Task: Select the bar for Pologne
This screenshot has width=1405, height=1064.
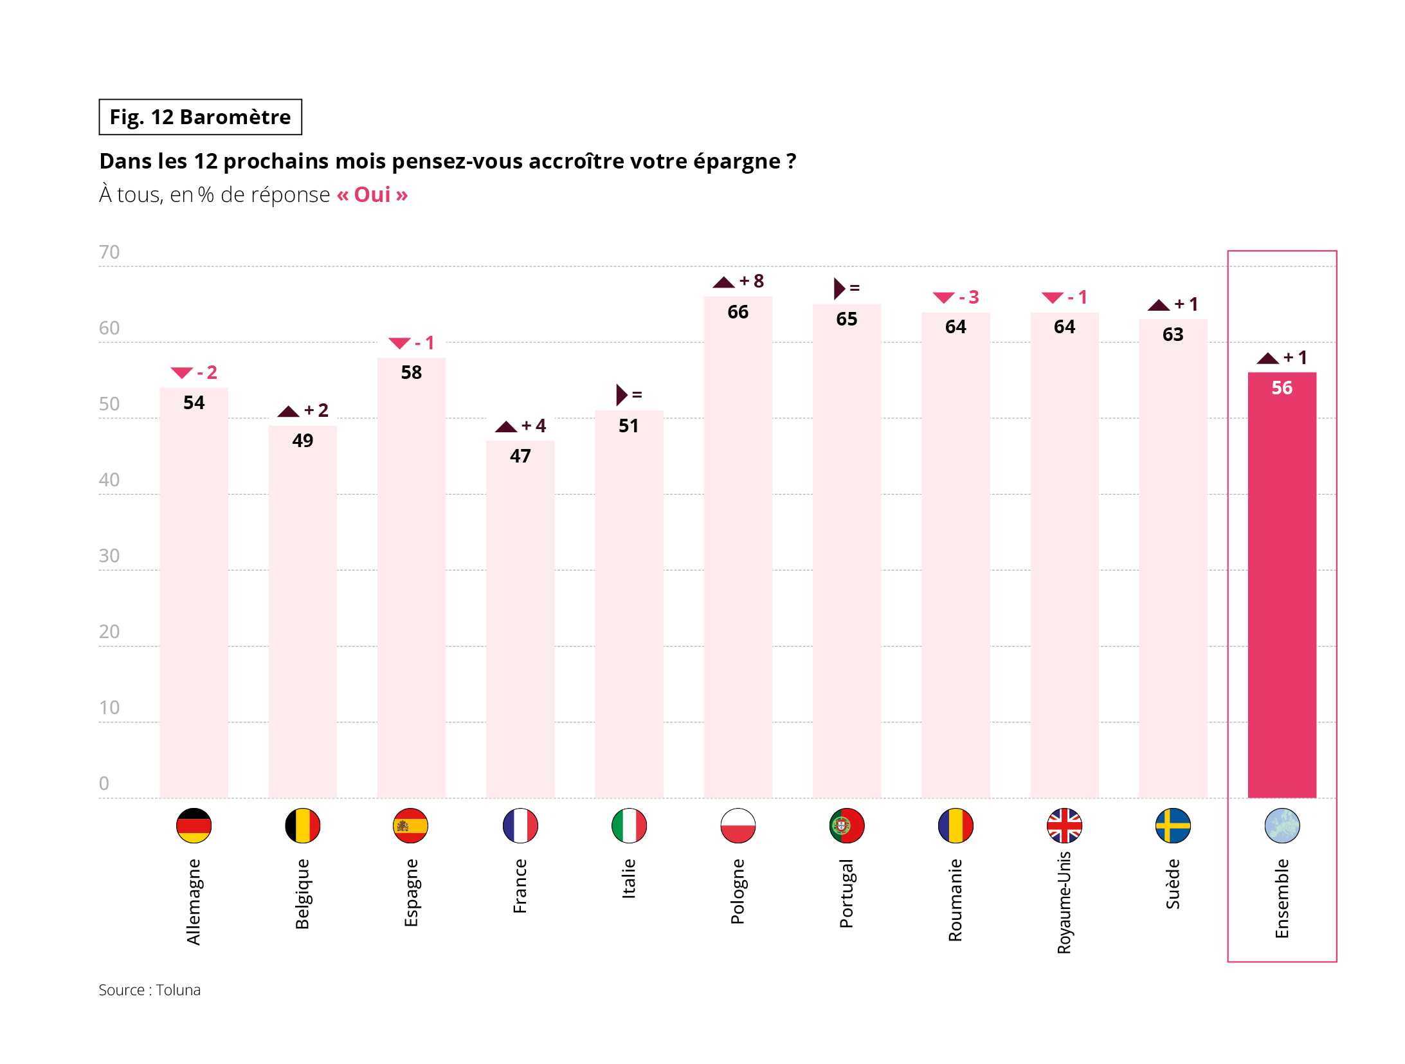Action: click(738, 547)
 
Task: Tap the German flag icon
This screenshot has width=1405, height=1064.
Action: click(194, 825)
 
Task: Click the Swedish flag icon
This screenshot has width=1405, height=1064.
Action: click(1172, 825)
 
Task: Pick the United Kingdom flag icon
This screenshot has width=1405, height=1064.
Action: click(1064, 825)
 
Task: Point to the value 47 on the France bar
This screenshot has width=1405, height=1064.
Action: click(520, 456)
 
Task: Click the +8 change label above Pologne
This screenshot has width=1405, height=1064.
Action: click(751, 281)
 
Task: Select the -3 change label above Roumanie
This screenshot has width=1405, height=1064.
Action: click(968, 297)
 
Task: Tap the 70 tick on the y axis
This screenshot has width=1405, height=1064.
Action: click(109, 252)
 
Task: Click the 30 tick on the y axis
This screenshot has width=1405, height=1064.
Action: click(109, 556)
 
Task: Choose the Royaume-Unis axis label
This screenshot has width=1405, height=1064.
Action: click(1064, 902)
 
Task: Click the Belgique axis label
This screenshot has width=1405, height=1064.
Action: click(302, 894)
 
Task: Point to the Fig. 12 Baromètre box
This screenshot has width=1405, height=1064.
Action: click(200, 117)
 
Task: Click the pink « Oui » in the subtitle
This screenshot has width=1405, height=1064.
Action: click(372, 194)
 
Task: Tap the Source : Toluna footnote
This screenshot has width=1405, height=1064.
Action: click(149, 990)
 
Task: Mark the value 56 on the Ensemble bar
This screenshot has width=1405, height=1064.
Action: click(1281, 388)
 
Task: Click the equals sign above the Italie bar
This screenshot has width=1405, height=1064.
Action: click(637, 395)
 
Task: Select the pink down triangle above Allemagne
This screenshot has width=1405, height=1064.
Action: click(181, 372)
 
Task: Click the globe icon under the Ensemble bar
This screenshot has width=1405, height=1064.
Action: click(1281, 825)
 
